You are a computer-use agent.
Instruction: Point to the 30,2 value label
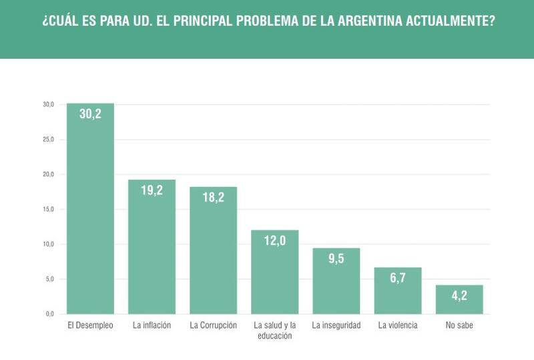tap(90, 114)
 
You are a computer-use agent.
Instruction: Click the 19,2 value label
tap(152, 190)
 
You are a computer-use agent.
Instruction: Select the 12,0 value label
tap(274, 240)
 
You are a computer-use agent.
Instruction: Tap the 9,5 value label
tap(336, 258)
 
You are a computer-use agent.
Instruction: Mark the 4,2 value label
tap(459, 295)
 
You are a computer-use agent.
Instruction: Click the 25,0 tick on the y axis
tap(48, 140)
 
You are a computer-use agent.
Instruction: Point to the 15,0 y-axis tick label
tap(48, 209)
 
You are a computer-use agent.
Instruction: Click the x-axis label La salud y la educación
tap(274, 331)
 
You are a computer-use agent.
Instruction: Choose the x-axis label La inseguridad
tap(336, 326)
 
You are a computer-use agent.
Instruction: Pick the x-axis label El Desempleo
tap(90, 326)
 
